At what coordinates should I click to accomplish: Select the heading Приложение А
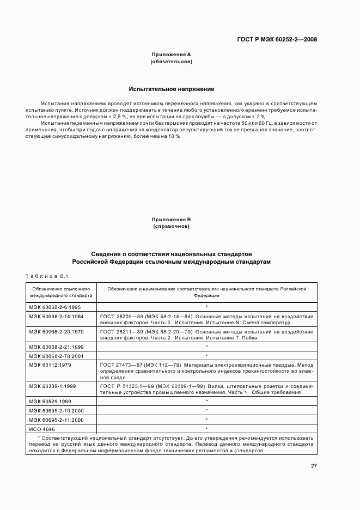pos(171,54)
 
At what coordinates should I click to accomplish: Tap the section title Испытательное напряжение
pos(171,88)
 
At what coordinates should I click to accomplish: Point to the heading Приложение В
pos(171,219)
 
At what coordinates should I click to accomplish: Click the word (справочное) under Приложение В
pos(171,226)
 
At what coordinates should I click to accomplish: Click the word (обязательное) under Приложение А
pos(171,62)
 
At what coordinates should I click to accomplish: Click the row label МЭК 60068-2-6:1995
pos(54,307)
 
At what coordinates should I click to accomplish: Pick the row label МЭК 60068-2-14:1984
pos(56,316)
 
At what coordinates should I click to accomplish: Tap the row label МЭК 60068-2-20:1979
pos(56,331)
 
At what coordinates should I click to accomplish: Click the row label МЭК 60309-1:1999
pos(53,386)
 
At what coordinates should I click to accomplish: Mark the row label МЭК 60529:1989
pos(50,401)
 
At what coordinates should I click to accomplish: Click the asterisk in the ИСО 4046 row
pos(206,429)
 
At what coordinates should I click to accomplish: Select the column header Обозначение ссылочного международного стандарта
pos(61,292)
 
